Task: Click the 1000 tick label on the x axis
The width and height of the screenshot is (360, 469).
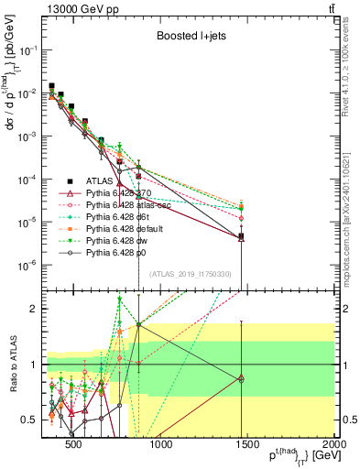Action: (160, 446)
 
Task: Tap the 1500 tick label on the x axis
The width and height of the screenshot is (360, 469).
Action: (247, 446)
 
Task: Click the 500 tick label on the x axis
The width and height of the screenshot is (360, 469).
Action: (73, 446)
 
